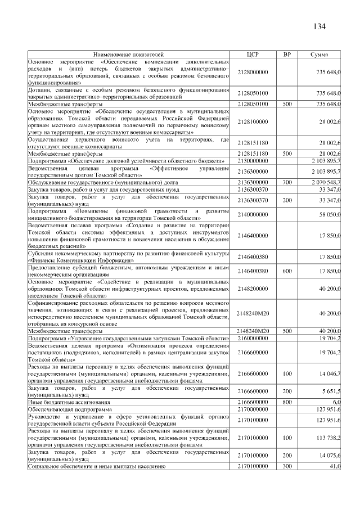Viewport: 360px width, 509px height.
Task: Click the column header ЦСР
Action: tap(253, 54)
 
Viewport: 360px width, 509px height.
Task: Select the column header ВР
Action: tap(287, 54)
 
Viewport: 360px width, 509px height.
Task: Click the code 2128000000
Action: tap(253, 73)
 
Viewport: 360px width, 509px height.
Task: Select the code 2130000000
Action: tap(253, 161)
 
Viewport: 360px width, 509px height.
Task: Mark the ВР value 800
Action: tap(287, 402)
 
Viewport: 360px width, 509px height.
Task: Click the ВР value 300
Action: tap(287, 466)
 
